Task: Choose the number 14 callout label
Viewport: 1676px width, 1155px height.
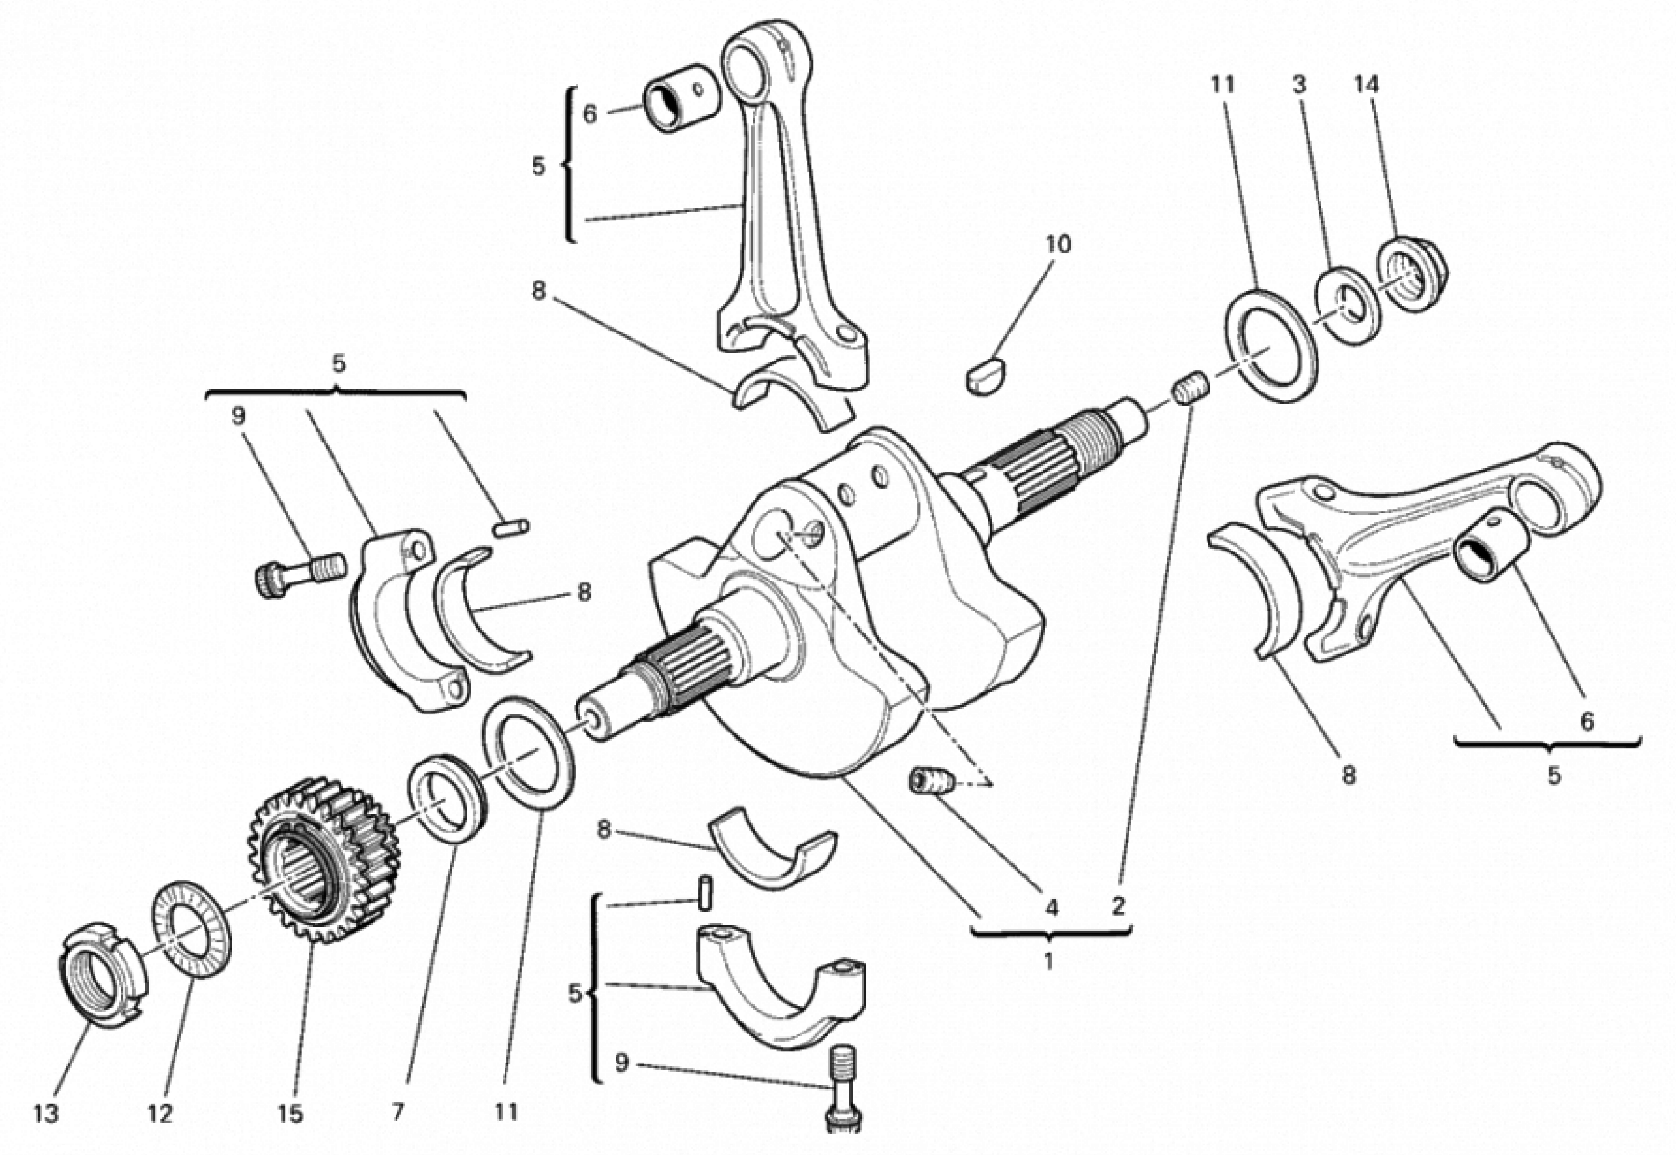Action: (x=1366, y=85)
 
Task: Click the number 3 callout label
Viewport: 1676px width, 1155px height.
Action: (x=1299, y=85)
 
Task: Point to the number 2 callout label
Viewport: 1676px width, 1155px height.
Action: (x=1118, y=905)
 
